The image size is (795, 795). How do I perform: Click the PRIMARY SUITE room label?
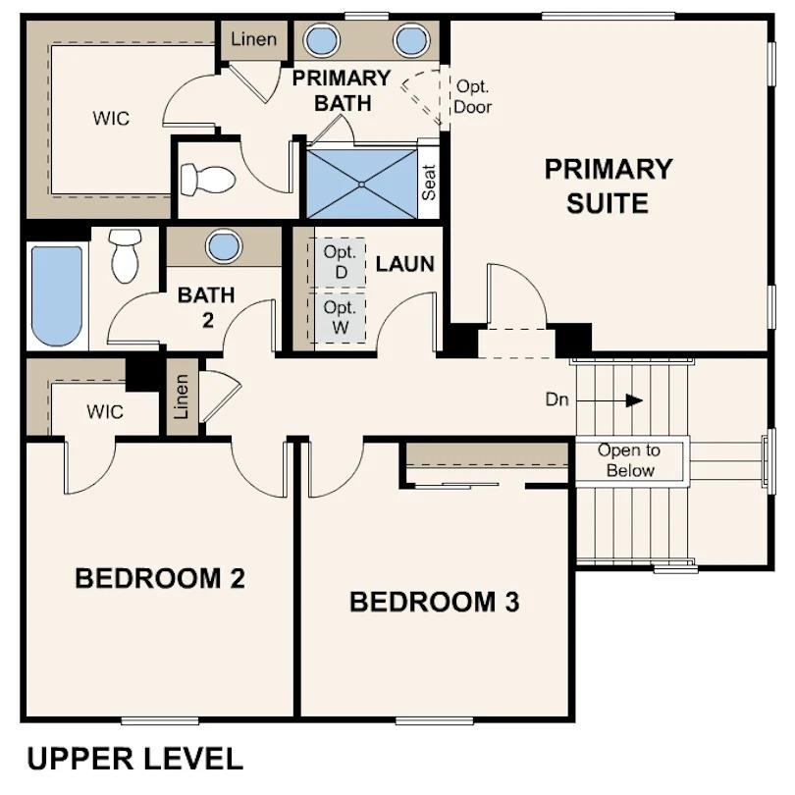pos(609,185)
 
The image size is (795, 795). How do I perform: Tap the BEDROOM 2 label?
pos(159,578)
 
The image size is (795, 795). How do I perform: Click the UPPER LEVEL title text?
pos(134,758)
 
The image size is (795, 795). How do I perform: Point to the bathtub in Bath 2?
pos(56,294)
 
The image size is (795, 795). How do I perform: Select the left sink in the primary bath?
pos(321,41)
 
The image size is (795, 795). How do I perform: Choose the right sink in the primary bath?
pos(412,41)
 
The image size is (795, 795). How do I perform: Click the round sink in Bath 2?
pos(224,245)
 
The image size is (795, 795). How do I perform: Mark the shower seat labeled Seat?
pos(429,182)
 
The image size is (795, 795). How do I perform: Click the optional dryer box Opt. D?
pos(338,261)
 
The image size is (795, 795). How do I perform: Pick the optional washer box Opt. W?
pos(338,318)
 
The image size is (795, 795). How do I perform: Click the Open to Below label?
pos(629,460)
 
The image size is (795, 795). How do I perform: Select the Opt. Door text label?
pos(472,97)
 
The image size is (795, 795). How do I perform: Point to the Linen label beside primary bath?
pos(254,40)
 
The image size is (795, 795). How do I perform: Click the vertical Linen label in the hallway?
pos(182,397)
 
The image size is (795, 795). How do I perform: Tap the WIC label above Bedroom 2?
pos(105,412)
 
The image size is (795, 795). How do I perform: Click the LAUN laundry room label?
pos(404,263)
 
